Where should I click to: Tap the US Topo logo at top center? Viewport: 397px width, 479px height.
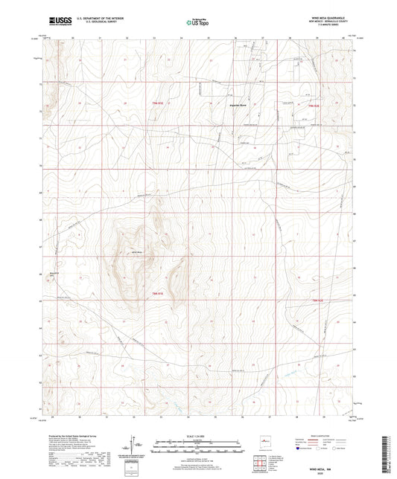click(196, 22)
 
